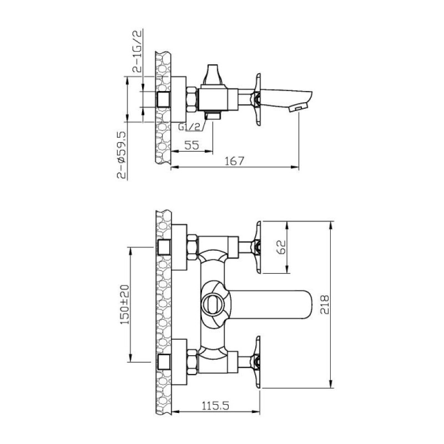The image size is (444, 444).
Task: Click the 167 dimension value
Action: coord(234,161)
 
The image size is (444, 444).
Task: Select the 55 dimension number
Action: coord(191,145)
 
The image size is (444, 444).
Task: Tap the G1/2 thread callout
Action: coord(189,127)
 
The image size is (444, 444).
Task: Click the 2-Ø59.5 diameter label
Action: coord(122,155)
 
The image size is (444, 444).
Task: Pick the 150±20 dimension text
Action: coord(124,304)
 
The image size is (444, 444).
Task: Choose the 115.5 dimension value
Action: coord(215,406)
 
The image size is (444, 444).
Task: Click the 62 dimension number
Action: coord(281,247)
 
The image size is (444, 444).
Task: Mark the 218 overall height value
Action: coord(325,304)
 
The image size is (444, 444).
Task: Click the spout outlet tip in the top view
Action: coord(298,108)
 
